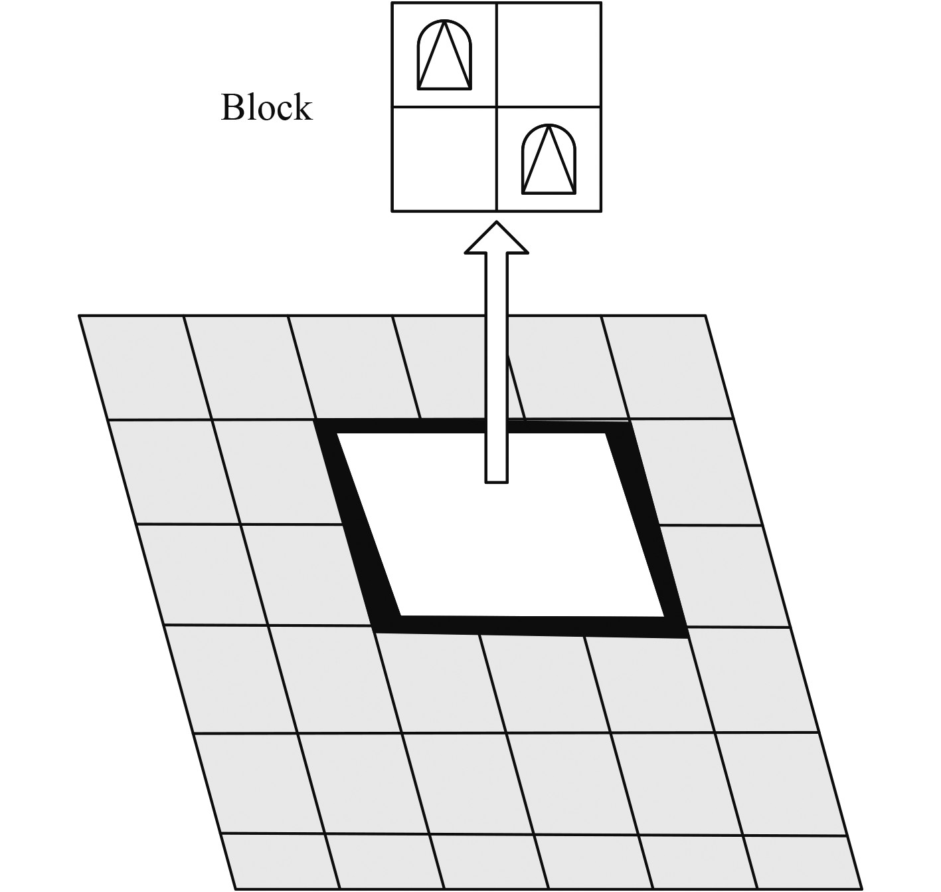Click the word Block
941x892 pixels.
(266, 108)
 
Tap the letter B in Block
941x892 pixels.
(230, 108)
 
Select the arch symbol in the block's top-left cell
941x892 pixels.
(444, 55)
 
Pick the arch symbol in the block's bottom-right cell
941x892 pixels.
(549, 160)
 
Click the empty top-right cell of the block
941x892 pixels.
(549, 55)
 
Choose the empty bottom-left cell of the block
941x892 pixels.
(444, 160)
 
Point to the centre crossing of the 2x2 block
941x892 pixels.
(497, 106)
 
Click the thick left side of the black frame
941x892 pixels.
(355, 525)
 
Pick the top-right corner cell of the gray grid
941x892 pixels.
(667, 368)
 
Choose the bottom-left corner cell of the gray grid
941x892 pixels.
(279, 861)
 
